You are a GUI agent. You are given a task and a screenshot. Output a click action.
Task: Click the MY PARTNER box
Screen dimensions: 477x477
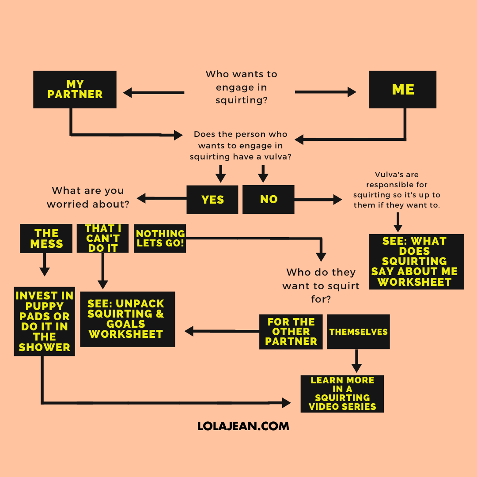click(75, 89)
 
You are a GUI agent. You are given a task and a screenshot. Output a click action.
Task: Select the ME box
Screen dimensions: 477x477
click(402, 89)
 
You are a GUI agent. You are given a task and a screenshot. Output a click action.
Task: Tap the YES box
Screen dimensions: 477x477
click(212, 200)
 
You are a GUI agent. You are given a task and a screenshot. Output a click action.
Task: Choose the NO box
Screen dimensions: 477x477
click(269, 199)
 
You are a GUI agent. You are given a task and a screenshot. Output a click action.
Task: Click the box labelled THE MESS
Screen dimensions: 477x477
click(46, 238)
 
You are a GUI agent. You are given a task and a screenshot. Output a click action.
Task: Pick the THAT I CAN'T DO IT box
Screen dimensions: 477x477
click(102, 238)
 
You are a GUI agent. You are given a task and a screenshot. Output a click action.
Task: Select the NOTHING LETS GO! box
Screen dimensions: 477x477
click(160, 238)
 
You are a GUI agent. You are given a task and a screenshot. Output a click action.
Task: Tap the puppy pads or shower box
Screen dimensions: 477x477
click(44, 321)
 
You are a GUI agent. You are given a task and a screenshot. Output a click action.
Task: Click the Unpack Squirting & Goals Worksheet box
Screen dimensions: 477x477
click(127, 319)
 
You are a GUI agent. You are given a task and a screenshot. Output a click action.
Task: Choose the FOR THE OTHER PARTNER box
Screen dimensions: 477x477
click(291, 332)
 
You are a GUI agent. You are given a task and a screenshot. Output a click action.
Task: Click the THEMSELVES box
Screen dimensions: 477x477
click(358, 332)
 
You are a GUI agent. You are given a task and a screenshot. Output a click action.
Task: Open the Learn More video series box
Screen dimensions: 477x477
click(342, 394)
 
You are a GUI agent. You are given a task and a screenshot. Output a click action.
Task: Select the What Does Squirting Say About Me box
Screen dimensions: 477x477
click(416, 261)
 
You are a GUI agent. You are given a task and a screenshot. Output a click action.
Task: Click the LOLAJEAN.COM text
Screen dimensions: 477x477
click(243, 426)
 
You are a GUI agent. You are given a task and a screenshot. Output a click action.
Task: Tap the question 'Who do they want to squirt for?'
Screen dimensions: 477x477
click(321, 286)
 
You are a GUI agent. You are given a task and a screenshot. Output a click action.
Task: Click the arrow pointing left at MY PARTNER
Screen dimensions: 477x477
click(153, 93)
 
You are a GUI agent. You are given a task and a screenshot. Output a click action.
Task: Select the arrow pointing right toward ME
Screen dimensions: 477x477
click(325, 92)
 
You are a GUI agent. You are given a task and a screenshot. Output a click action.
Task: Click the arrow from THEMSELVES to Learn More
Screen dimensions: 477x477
click(356, 361)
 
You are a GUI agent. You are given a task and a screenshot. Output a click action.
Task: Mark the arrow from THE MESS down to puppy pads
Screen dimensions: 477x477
click(44, 265)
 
